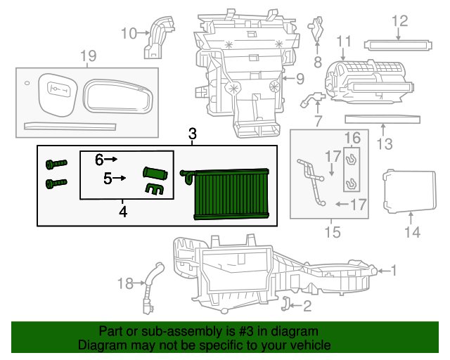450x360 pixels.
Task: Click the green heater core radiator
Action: pos(230,195)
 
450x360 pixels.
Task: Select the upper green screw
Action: pos(56,165)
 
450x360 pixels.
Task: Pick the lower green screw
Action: pos(56,184)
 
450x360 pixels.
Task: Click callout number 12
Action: pos(399,21)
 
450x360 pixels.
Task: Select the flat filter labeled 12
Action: pos(397,46)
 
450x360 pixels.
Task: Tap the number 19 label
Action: pos(87,56)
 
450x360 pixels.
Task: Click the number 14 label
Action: pos(412,232)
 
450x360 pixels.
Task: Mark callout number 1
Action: pos(394,270)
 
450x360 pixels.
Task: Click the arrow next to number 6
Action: pos(111,160)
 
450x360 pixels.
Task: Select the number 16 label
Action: pos(352,138)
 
